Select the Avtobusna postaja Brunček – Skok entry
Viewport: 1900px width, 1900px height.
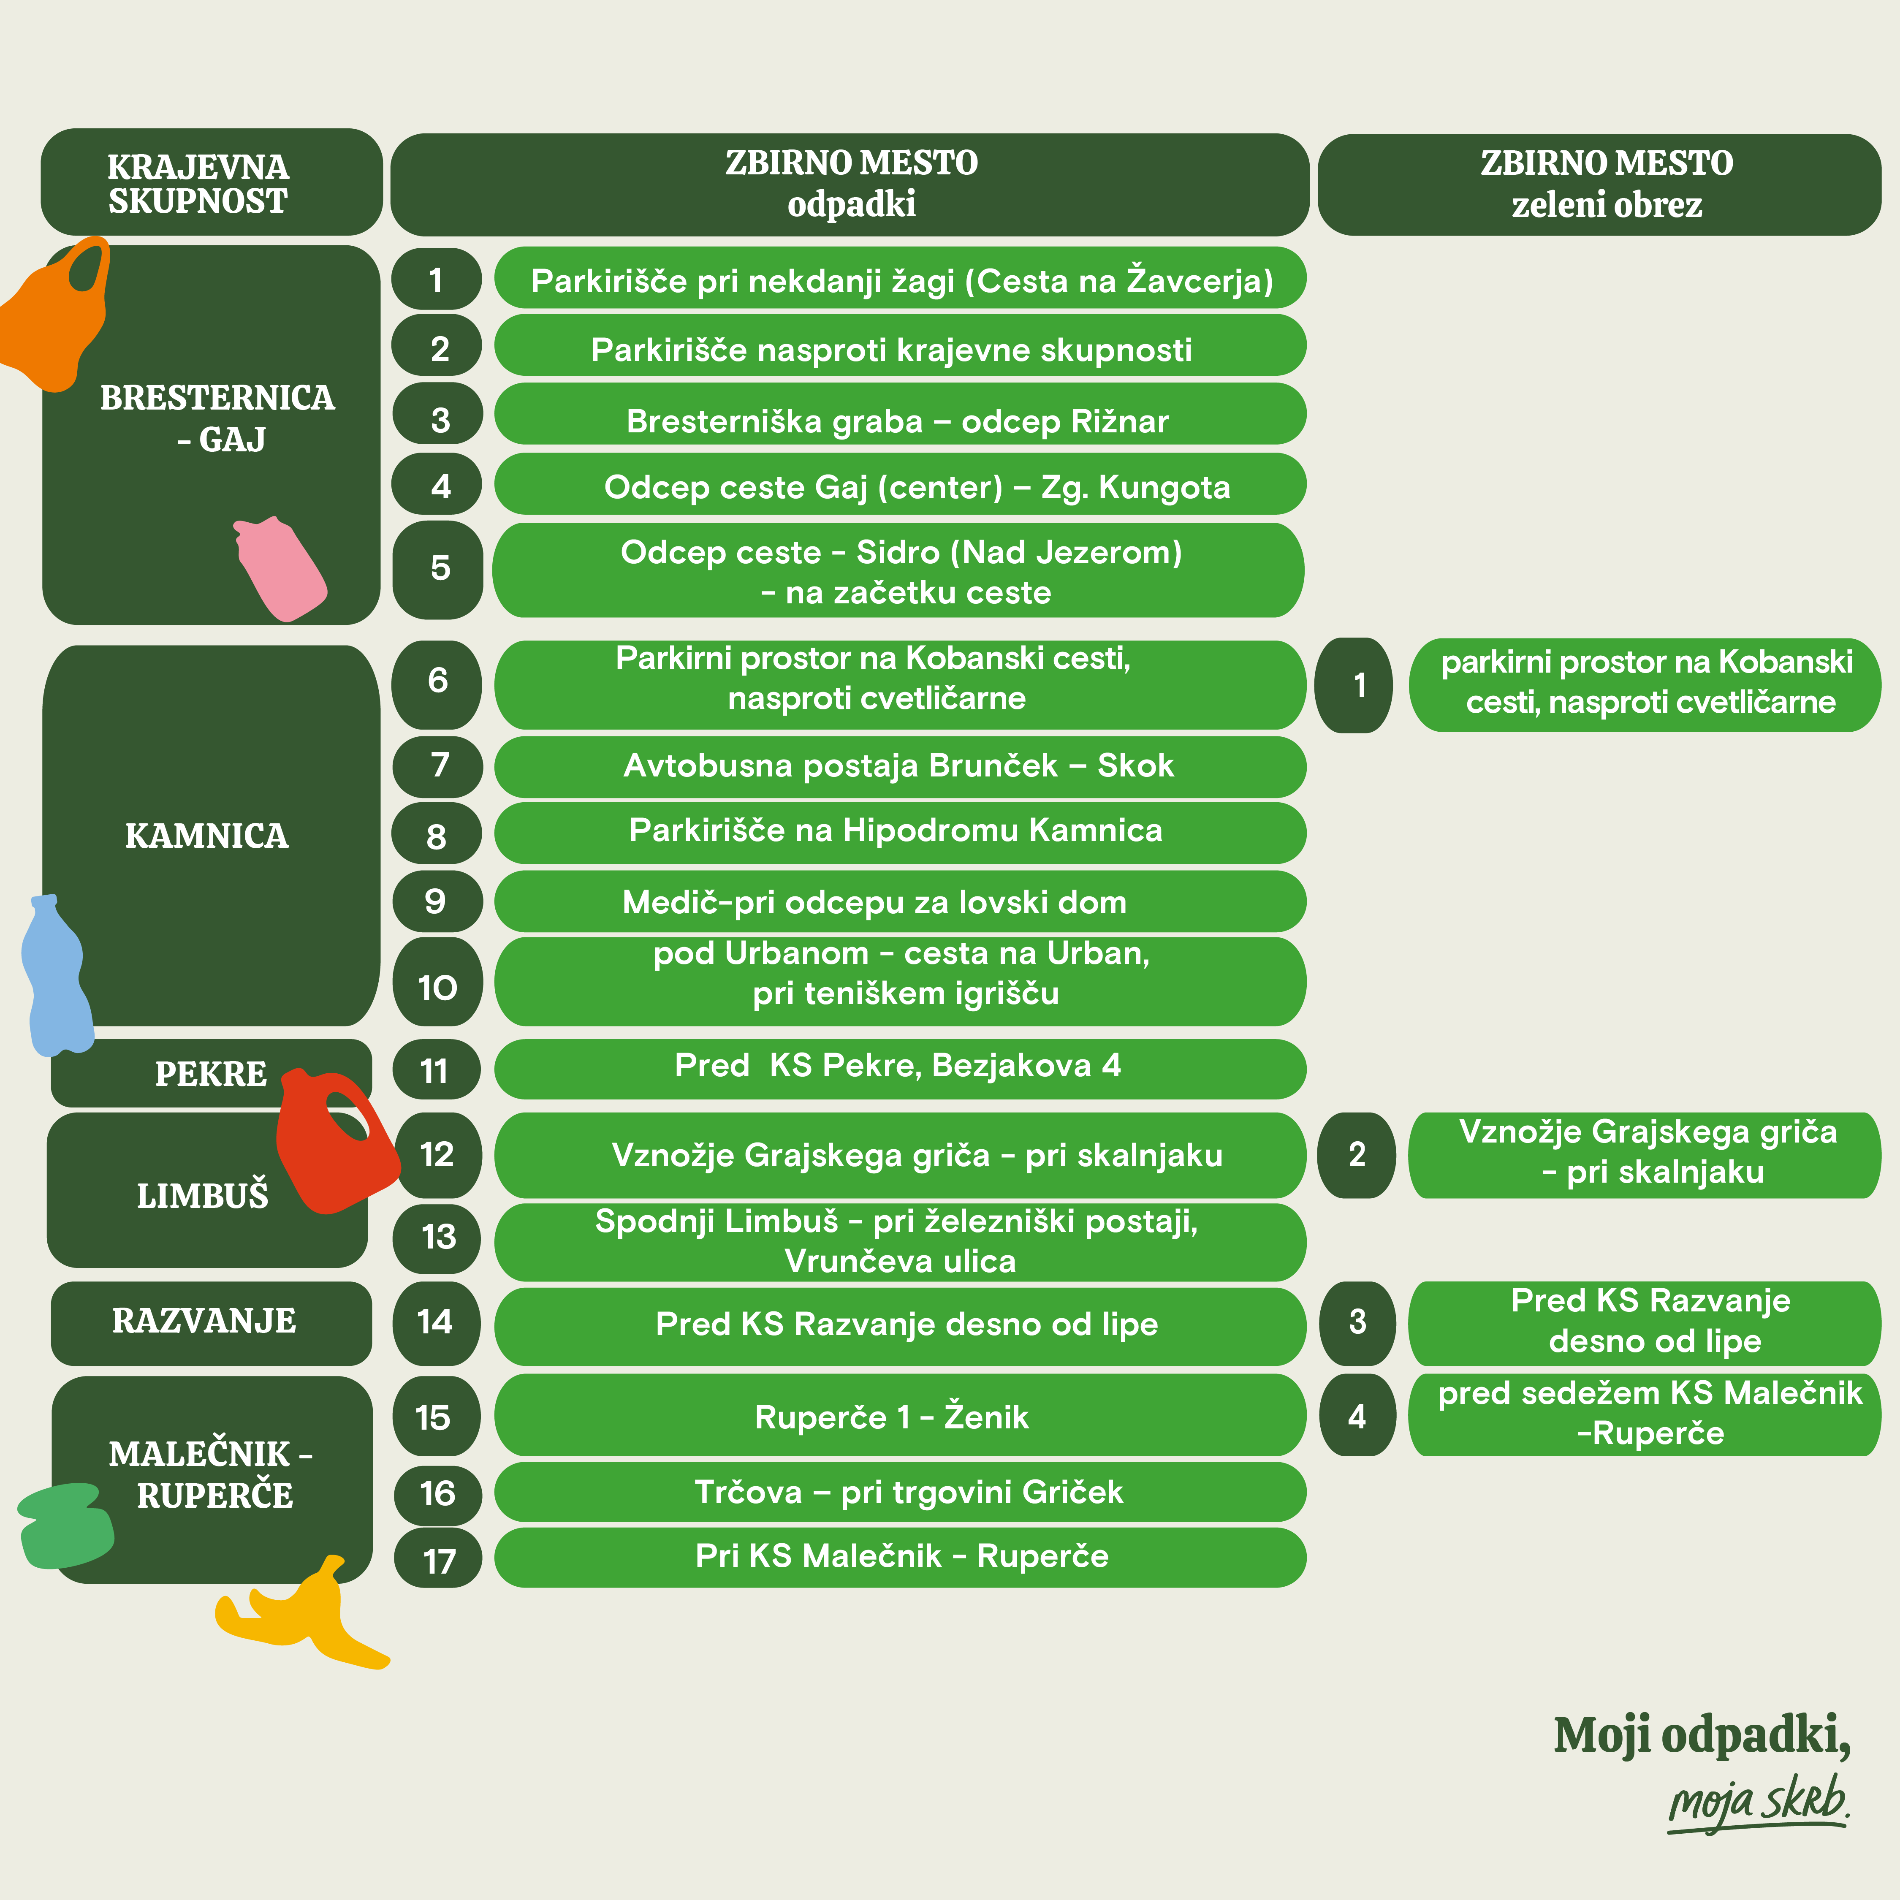(x=899, y=766)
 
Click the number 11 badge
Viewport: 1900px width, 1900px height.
(x=436, y=1070)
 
